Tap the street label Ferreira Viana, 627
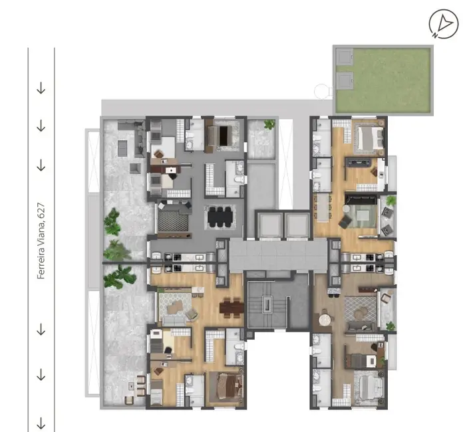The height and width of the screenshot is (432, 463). pos(41,241)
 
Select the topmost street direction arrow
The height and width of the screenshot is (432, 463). pos(41,88)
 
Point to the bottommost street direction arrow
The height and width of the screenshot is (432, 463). pos(41,422)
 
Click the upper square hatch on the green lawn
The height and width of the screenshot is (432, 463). pos(345,57)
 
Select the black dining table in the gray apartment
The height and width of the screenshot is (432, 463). pos(220,217)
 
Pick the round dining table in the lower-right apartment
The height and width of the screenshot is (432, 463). pos(324,320)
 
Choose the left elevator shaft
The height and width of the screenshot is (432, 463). pos(269,225)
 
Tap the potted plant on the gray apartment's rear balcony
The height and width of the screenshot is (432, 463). pos(269,124)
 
